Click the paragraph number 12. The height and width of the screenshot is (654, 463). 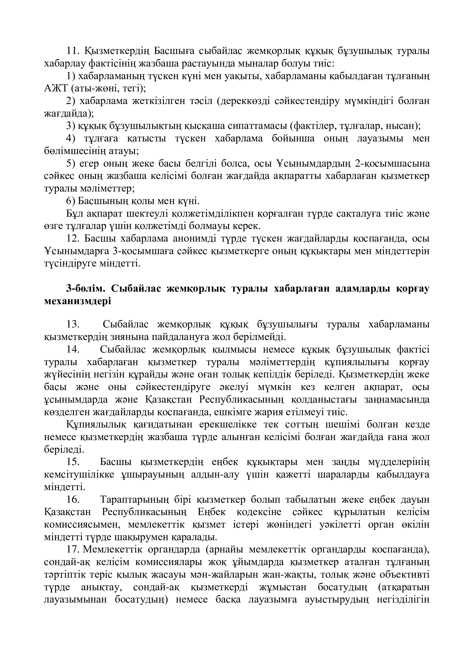click(73, 239)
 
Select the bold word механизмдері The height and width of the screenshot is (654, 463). click(78, 301)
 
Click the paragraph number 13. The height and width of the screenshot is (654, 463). click(73, 325)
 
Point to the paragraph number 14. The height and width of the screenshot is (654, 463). click(73, 350)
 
